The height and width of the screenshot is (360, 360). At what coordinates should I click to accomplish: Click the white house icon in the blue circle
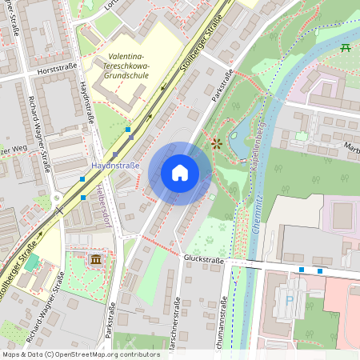(x=180, y=173)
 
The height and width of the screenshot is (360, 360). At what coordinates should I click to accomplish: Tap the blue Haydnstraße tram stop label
(x=115, y=166)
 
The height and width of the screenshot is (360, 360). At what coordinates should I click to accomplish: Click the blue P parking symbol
(x=289, y=302)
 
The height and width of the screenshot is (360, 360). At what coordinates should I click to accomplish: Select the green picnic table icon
(x=346, y=48)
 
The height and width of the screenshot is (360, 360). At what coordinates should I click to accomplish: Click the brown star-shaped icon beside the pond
(x=217, y=143)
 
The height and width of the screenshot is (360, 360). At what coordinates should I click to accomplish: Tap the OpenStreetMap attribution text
(x=81, y=354)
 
